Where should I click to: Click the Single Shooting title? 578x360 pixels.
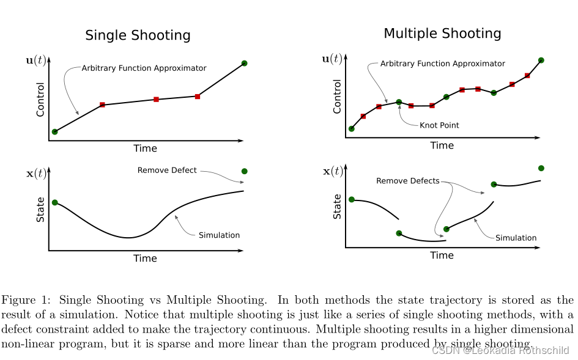(x=138, y=35)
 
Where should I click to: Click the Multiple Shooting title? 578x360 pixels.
(x=442, y=34)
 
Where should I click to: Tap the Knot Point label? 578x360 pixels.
(x=439, y=125)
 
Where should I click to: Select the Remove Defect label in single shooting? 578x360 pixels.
(x=167, y=170)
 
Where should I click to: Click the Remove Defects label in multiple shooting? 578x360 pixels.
(x=407, y=181)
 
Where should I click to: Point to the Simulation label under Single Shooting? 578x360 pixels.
(x=219, y=235)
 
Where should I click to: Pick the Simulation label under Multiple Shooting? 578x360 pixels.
(x=516, y=238)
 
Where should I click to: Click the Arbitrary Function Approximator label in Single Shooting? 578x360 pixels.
(x=144, y=68)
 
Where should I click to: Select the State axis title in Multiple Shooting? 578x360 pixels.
(x=337, y=207)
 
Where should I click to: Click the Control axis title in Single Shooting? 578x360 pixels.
(x=40, y=99)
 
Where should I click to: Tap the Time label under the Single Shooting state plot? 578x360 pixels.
(x=145, y=259)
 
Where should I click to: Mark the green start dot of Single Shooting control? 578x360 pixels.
(x=54, y=131)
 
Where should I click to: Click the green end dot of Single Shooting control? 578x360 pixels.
(x=244, y=63)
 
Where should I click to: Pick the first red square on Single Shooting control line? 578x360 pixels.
(x=102, y=105)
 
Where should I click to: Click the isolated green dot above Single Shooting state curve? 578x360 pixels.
(x=245, y=171)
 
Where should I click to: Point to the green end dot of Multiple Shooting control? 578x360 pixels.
(x=541, y=60)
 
